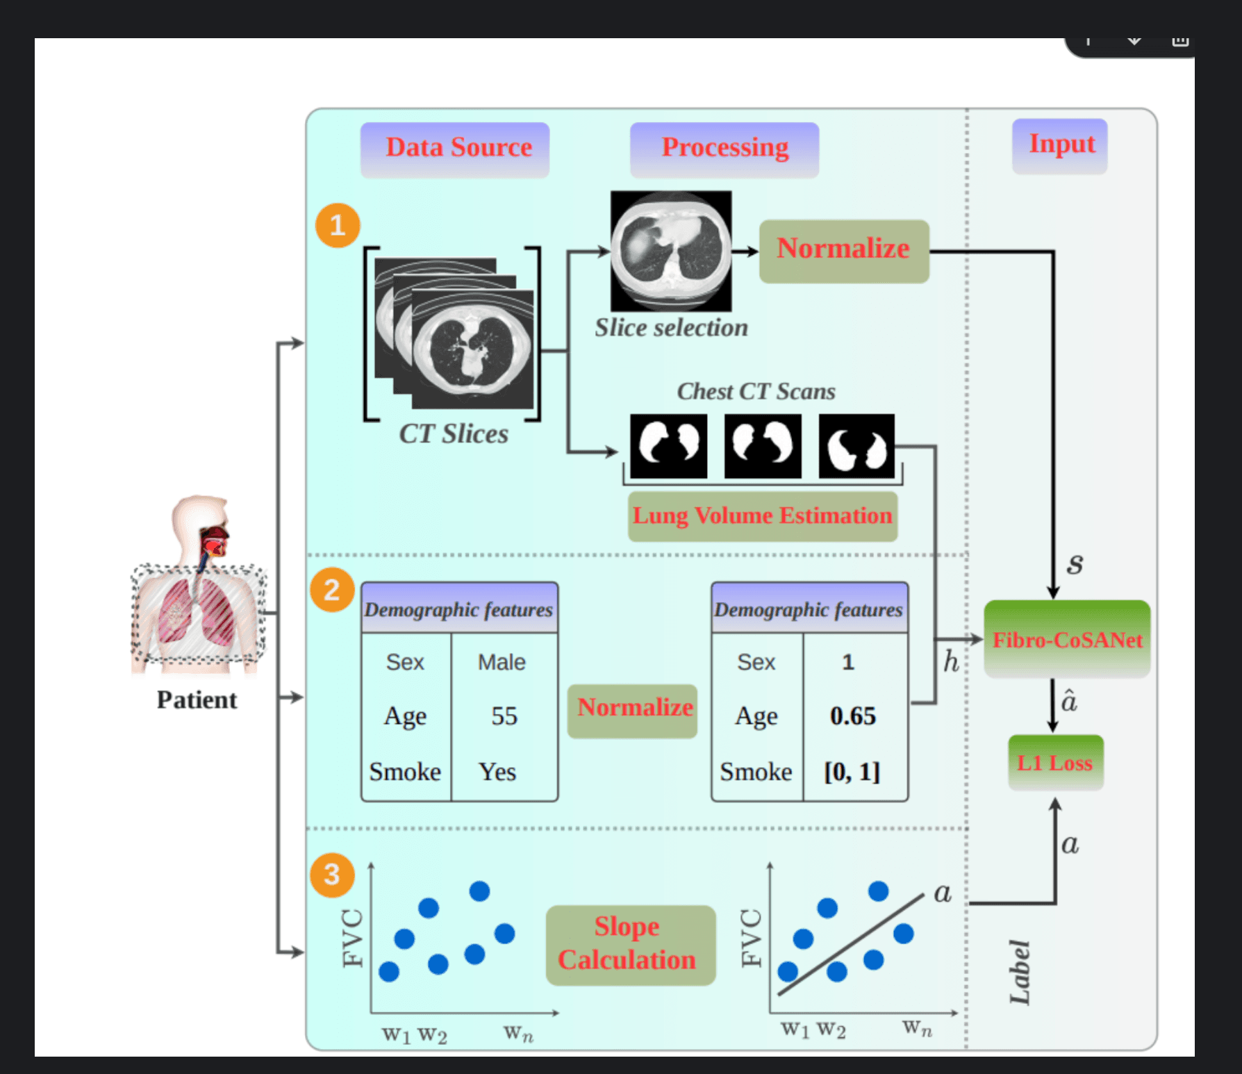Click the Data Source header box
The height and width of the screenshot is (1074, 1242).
[455, 149]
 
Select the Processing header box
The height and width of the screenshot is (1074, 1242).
[724, 149]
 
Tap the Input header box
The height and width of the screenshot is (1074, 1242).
[1060, 145]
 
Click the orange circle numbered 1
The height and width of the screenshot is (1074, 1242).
[338, 226]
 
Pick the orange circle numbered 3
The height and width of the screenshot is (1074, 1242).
[332, 875]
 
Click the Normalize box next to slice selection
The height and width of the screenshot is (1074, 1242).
[843, 250]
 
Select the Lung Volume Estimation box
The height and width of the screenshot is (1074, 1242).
[762, 516]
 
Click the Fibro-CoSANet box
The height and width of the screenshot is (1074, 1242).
[1067, 639]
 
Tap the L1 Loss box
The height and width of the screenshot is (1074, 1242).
[1055, 763]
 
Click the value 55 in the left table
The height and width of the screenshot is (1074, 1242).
[504, 716]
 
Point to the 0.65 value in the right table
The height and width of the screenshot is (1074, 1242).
[853, 716]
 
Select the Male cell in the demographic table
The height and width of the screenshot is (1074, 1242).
[502, 662]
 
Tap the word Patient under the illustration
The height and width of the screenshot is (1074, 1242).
[197, 700]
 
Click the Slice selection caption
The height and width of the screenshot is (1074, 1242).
[671, 328]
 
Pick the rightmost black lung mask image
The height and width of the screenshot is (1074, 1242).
[856, 447]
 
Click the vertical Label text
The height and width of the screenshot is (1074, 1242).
[1020, 973]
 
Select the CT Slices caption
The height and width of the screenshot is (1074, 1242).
[454, 434]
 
